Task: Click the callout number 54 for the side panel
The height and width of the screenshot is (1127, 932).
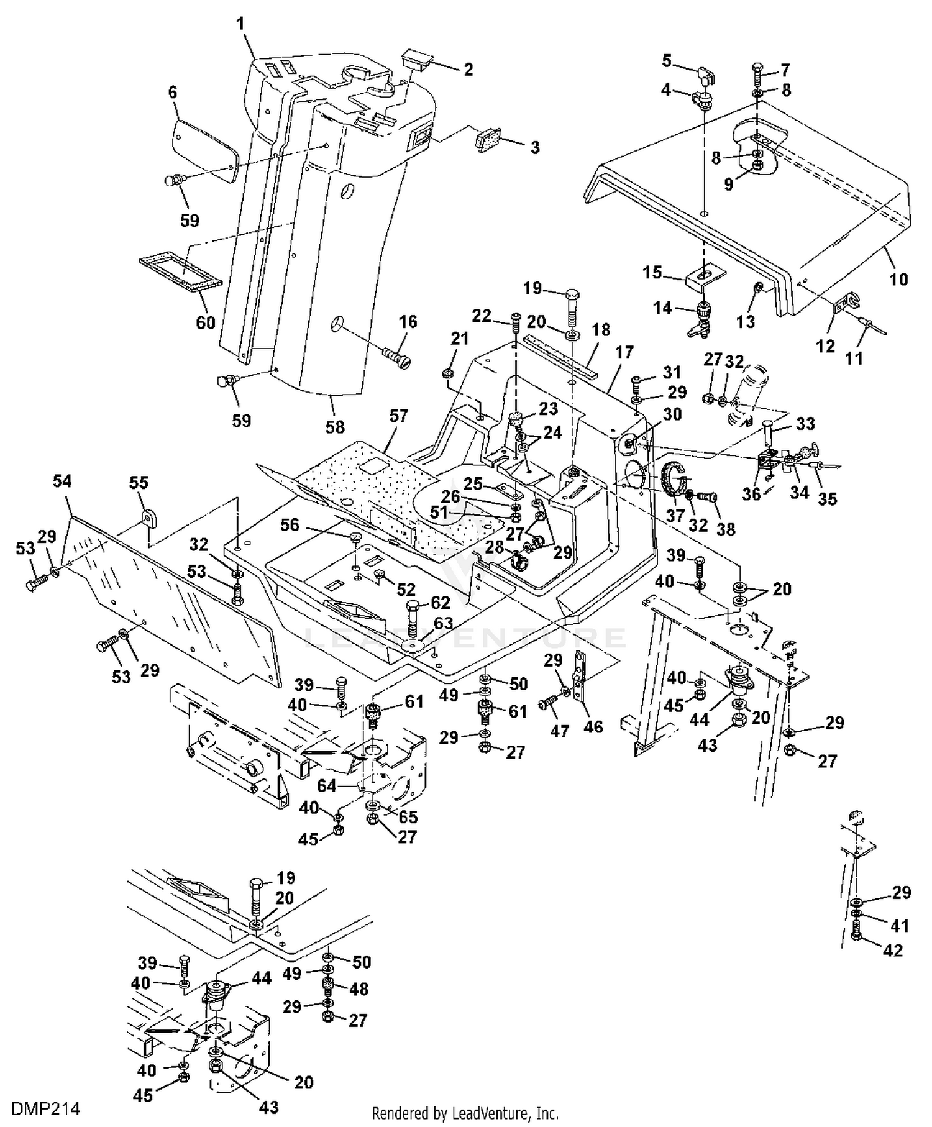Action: (x=62, y=481)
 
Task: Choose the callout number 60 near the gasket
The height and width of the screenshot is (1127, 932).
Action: (x=206, y=322)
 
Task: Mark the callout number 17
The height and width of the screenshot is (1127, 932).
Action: (x=624, y=352)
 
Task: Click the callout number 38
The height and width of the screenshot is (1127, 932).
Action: (x=726, y=529)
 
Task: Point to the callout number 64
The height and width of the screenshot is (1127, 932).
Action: (x=327, y=786)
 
